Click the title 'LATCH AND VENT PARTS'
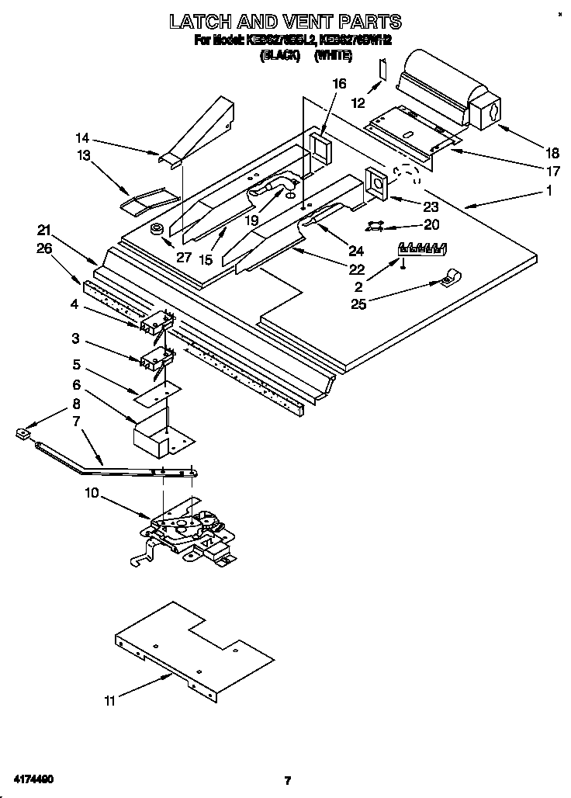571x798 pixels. (x=285, y=21)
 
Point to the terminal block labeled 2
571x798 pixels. (x=422, y=249)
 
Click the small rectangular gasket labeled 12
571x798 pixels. (x=379, y=71)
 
